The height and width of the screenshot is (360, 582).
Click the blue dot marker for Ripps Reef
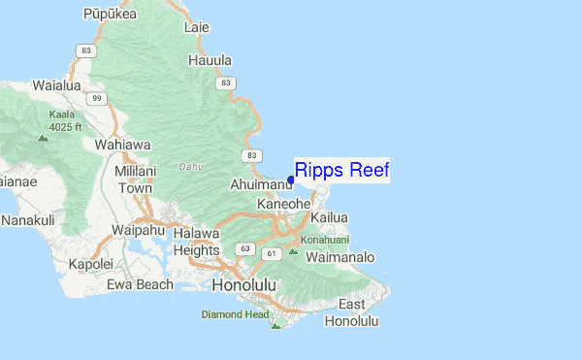291,180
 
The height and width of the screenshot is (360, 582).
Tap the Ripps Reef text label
341,171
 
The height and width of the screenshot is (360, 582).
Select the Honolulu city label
243,285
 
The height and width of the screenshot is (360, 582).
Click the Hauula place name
210,60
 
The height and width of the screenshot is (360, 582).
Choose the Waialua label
57,84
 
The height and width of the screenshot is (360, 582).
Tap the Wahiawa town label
122,145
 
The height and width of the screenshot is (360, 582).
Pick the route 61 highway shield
273,253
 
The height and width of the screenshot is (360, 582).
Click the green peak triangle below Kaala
42,137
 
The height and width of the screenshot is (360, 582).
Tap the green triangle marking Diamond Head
275,326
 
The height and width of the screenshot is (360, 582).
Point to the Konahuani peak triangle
294,252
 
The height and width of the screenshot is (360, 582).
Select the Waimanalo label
339,258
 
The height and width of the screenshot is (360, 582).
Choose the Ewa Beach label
140,284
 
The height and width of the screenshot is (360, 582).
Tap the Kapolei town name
90,264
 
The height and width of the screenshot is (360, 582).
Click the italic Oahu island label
191,166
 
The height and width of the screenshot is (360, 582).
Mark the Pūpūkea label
109,14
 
